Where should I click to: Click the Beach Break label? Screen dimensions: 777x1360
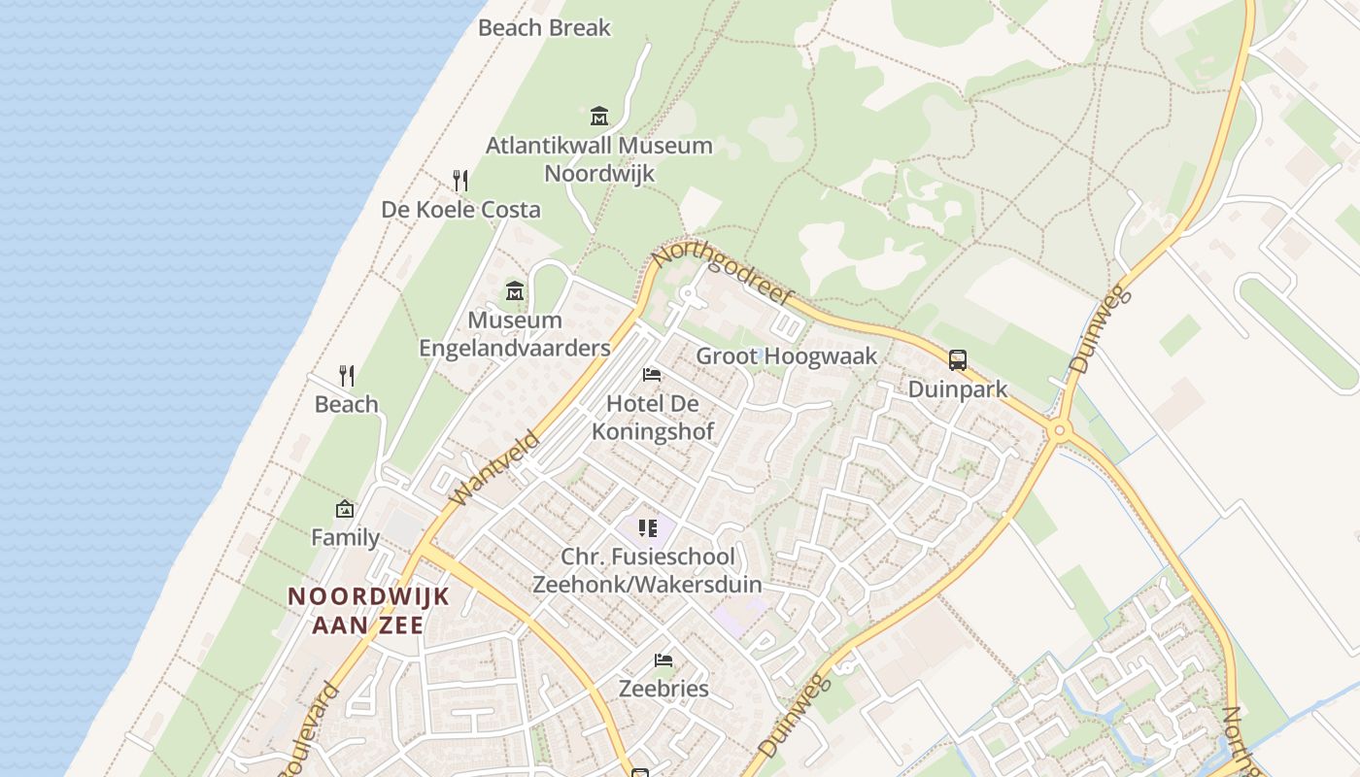tap(544, 27)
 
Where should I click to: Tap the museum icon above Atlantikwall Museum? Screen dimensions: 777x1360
tap(599, 117)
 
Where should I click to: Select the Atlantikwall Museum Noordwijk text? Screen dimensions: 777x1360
tap(599, 159)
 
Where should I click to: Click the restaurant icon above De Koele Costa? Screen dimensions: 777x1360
tap(460, 181)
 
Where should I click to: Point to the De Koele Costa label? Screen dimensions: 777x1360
tap(460, 210)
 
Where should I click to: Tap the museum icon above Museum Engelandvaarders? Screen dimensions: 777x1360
tap(515, 290)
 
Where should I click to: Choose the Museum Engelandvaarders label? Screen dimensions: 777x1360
tap(515, 334)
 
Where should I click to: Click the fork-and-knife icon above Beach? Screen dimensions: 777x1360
tap(347, 376)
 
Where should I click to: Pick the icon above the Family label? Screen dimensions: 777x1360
tap(345, 509)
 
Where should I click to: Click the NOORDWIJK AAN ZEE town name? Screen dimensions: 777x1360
tap(369, 610)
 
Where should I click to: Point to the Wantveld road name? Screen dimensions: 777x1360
tap(495, 468)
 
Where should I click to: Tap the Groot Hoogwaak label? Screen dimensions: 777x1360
tap(787, 356)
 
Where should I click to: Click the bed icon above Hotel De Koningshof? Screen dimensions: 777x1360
tap(652, 375)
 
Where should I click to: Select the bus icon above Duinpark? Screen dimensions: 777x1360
tap(958, 360)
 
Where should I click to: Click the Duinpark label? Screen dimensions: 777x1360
tap(958, 389)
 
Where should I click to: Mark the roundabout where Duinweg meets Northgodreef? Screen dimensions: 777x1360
tap(1059, 429)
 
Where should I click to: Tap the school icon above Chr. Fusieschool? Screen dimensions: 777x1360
tap(648, 528)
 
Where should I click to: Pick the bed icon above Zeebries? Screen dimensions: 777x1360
tap(664, 660)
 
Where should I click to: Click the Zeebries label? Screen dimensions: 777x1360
tap(664, 689)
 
